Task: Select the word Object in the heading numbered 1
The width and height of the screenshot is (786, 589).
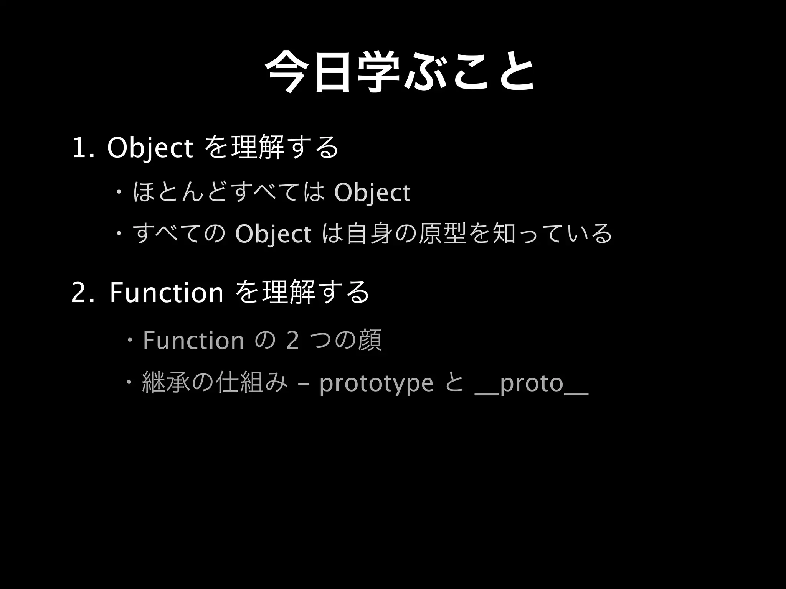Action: [x=150, y=148]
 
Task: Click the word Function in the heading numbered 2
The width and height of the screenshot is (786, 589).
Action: [x=167, y=293]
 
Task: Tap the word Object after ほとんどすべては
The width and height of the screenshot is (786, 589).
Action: [x=372, y=192]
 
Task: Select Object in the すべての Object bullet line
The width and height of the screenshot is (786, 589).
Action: [x=273, y=234]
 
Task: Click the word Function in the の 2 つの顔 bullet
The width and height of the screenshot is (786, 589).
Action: [x=193, y=341]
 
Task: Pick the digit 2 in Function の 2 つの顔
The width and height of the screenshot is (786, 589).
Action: [x=292, y=341]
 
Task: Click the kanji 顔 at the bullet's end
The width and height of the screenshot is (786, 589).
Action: [x=370, y=341]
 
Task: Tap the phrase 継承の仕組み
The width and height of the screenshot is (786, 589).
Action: [x=215, y=383]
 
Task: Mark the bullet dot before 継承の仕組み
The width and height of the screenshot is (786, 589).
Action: [x=129, y=382]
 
